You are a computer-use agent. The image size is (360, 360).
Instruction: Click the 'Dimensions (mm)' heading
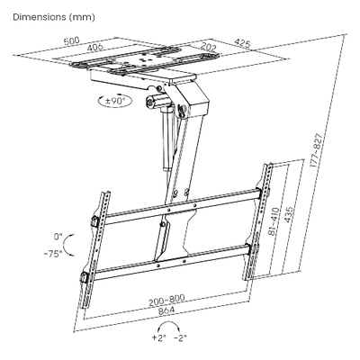(x=54, y=17)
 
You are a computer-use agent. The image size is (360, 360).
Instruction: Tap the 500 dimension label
(x=72, y=40)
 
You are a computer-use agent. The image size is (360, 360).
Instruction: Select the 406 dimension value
(x=95, y=47)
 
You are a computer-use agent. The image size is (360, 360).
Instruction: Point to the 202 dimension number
(x=209, y=47)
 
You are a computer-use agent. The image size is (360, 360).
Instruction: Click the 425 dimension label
(x=242, y=43)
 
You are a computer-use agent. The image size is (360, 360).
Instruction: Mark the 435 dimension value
(x=288, y=214)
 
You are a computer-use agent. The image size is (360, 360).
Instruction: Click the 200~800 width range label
(x=166, y=300)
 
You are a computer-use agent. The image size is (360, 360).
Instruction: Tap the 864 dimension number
(x=166, y=310)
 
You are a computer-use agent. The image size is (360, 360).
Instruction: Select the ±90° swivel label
(x=115, y=100)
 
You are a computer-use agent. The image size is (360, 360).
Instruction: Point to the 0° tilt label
(x=58, y=237)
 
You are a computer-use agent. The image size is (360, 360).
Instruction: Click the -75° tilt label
(x=53, y=254)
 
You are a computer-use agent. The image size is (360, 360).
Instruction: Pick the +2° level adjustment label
(x=158, y=338)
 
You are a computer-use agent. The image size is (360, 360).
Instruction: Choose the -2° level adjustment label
(x=180, y=338)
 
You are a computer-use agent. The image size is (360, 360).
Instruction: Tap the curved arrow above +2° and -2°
(x=170, y=322)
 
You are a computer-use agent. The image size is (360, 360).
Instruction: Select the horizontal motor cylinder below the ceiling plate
(x=157, y=100)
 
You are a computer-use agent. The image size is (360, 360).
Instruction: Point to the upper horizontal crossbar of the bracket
(x=182, y=207)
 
